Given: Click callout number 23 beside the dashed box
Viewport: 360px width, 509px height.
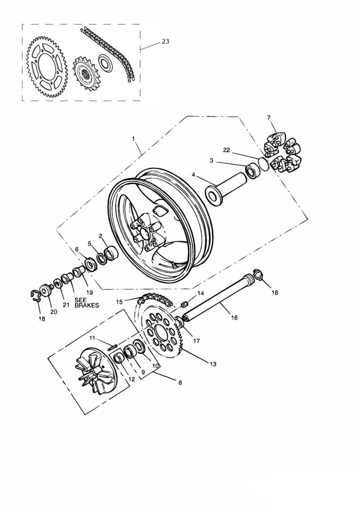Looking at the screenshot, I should [x=165, y=42].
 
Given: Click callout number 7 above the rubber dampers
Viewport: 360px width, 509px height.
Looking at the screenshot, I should [x=269, y=118].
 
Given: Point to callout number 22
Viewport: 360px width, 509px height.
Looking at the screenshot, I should [x=226, y=150].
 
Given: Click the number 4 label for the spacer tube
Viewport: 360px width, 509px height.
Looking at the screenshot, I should [x=193, y=175].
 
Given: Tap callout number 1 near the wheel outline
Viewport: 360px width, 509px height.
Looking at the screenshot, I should [x=134, y=139].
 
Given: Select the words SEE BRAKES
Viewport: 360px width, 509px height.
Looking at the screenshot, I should [x=86, y=303].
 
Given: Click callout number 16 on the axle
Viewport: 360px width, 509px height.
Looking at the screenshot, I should [x=235, y=318].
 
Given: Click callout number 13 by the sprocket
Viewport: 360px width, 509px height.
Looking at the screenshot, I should [x=213, y=364].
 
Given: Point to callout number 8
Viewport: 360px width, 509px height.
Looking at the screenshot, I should [x=180, y=383].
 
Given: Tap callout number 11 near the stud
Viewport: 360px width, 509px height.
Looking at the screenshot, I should [x=92, y=338].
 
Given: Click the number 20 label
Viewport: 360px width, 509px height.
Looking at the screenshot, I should [x=54, y=312].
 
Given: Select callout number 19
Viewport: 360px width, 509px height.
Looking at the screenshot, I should [x=89, y=292].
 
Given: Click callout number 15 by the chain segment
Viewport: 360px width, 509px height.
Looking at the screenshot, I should [x=119, y=302].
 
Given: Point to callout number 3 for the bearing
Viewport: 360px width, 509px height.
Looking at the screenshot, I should [x=211, y=161].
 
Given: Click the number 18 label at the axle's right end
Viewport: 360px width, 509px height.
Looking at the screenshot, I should [x=275, y=292].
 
